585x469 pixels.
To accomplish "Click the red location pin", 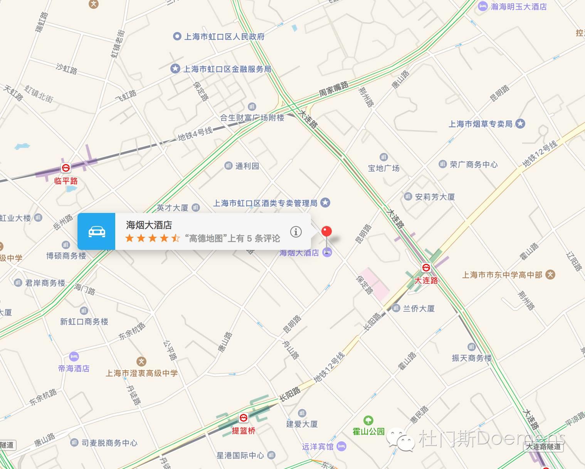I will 326,231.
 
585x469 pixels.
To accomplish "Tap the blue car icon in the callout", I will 97,231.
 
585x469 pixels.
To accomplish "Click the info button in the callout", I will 296,231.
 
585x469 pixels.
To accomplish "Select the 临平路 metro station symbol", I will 66,168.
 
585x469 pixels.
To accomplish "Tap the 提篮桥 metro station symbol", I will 244,418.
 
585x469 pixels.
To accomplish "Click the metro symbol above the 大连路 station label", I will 426,267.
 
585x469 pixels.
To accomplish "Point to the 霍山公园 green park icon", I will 368,420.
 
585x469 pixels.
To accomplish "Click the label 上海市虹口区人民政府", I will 224,37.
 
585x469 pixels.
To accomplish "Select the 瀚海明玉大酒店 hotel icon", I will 482,6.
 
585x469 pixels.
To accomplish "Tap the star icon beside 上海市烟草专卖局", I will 521,124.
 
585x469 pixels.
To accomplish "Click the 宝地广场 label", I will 383,168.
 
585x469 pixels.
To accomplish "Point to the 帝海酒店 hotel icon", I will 74,357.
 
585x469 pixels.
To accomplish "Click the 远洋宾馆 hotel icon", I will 341,447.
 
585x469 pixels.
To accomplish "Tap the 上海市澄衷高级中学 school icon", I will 141,362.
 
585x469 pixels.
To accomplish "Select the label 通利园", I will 247,166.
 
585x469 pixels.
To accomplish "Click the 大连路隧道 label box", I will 543,447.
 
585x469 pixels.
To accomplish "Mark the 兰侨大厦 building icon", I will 396,308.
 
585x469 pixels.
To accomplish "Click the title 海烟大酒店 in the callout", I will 149,225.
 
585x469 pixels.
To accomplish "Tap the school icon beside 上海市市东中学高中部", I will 551,275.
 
